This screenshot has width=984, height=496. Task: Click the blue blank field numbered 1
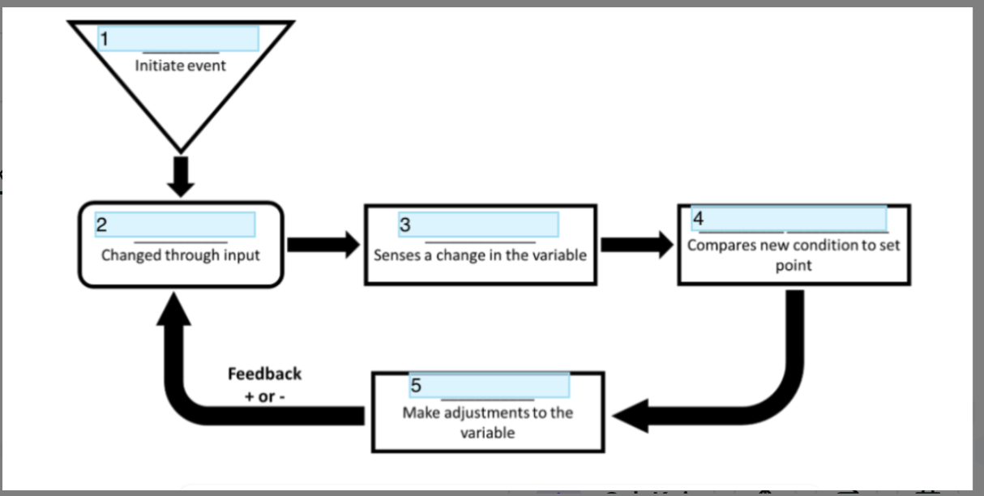coord(178,38)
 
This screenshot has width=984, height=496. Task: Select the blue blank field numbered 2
coord(175,224)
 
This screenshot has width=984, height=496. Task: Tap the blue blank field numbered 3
coord(478,224)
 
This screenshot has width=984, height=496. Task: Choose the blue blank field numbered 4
coord(789,220)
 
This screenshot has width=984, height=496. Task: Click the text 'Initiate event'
coord(180,66)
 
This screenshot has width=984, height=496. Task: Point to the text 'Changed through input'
coord(180,255)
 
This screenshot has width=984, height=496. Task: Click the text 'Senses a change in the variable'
coord(480,255)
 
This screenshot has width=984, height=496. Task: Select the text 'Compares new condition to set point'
coord(794,254)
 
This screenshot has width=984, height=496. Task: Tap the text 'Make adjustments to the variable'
coord(487,422)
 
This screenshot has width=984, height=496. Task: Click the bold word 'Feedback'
coord(264,374)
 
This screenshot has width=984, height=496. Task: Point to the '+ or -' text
coord(264,397)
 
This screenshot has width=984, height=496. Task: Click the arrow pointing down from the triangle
coord(180,177)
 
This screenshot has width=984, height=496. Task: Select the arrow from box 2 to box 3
coord(323,244)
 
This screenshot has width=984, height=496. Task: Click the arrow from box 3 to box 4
coord(636,244)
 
